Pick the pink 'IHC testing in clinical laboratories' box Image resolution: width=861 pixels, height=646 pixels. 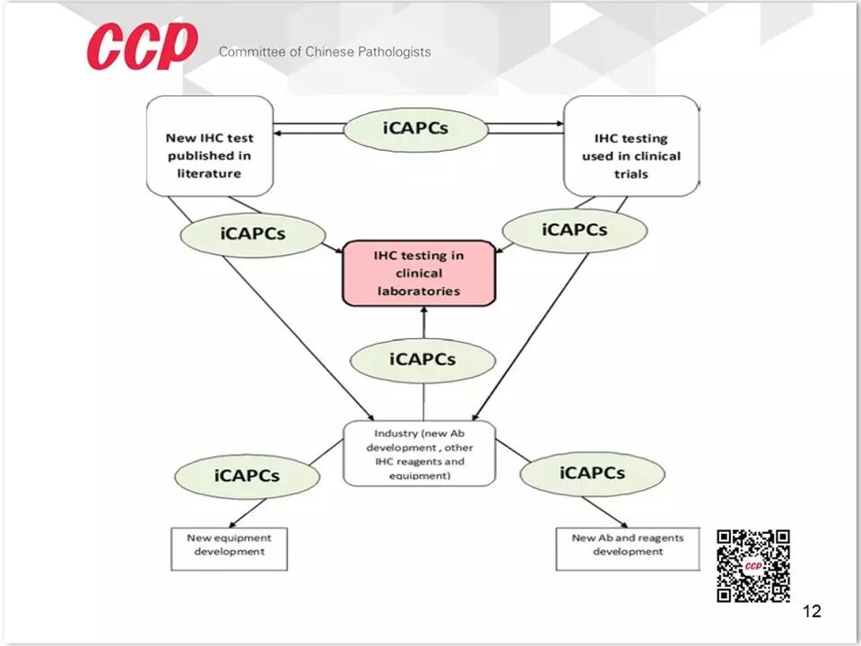click(419, 273)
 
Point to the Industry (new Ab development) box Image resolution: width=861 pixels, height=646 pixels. click(419, 454)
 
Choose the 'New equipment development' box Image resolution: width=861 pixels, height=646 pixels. click(229, 548)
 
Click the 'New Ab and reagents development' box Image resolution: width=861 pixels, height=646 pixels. click(627, 548)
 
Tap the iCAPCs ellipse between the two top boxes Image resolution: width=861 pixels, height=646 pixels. click(415, 127)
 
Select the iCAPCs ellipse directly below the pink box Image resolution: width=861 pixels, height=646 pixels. click(422, 360)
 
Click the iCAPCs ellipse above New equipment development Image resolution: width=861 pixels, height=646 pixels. click(247, 476)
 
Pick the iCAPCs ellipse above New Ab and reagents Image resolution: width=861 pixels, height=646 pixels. click(592, 472)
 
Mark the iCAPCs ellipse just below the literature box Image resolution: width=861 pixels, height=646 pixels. click(253, 233)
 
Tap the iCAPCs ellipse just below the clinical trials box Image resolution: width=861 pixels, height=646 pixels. click(574, 230)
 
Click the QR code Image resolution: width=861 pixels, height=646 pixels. click(753, 565)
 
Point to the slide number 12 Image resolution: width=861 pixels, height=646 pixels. click(812, 612)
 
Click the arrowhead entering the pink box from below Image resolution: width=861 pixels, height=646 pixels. click(424, 311)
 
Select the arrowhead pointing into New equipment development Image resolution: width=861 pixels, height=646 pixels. click(233, 526)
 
